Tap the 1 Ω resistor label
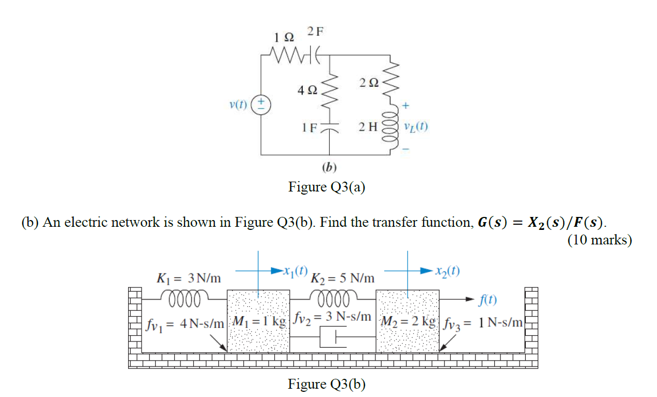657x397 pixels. coord(284,37)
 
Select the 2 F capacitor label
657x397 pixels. coord(315,31)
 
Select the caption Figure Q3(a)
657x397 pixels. coord(327,187)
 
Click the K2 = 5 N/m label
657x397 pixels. coord(342,278)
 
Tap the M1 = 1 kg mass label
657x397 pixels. coord(259,321)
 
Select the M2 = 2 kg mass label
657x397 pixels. coord(408,321)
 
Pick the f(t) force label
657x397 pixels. coord(488,300)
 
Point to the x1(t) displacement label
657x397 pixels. coord(296,270)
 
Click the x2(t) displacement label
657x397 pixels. coord(448,271)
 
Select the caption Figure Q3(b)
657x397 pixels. coord(327,384)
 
